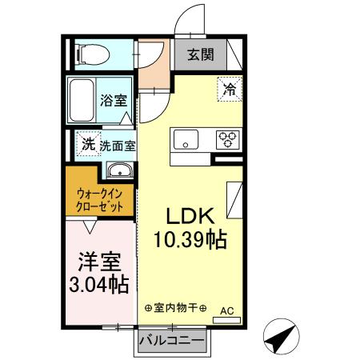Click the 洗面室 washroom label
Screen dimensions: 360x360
(117, 146)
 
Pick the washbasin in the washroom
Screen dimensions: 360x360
(120, 170)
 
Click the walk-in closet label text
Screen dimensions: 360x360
(100, 200)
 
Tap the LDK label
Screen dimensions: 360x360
(188, 216)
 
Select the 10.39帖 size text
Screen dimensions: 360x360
(189, 239)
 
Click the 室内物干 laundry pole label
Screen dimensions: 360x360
(176, 309)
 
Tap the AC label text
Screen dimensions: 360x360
(226, 310)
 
